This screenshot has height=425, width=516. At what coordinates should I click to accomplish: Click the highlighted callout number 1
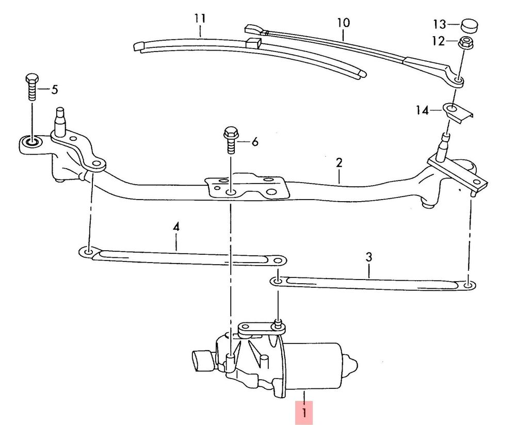[304, 413]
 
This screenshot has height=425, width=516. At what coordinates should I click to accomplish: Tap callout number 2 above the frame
[340, 163]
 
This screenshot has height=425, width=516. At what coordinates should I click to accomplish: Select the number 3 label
[368, 256]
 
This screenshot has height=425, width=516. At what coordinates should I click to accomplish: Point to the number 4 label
[176, 227]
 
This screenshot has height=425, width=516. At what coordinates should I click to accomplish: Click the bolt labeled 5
[31, 87]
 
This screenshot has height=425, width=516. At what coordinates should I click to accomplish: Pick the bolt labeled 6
[230, 140]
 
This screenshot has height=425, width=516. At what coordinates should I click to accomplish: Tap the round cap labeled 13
[469, 26]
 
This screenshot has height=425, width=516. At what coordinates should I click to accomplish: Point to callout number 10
[343, 23]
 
